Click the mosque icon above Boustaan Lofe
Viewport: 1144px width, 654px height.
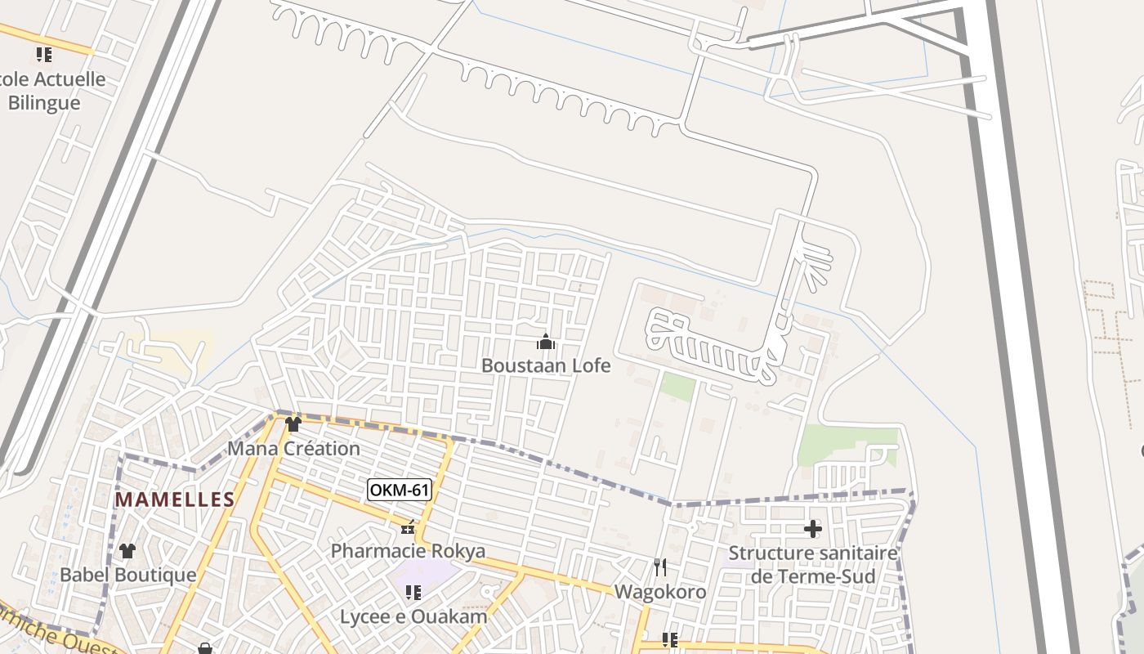[546, 342]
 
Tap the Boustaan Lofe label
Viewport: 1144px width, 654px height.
[546, 365]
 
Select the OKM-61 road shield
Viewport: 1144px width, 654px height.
[400, 490]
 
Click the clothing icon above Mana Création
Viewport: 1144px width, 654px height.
[293, 423]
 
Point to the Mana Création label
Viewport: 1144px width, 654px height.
[293, 449]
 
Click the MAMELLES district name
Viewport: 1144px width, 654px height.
[175, 499]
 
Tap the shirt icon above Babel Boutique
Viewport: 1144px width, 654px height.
[127, 551]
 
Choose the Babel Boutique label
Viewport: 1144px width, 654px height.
[128, 575]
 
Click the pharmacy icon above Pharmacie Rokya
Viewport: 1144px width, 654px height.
[408, 527]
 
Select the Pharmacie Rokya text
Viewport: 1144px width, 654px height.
[408, 551]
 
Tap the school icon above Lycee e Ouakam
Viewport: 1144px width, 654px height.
[413, 592]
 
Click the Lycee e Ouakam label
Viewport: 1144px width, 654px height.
[413, 616]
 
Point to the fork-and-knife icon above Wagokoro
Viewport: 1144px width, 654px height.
[660, 567]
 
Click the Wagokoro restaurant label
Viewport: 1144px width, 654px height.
[660, 591]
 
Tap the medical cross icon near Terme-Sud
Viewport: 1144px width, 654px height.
[813, 529]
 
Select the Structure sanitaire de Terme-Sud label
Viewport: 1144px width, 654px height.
[813, 565]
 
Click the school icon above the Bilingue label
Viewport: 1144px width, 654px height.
[44, 55]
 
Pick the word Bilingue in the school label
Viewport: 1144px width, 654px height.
[44, 103]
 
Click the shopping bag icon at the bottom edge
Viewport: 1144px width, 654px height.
[205, 649]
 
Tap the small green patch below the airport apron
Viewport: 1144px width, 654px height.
[677, 387]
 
